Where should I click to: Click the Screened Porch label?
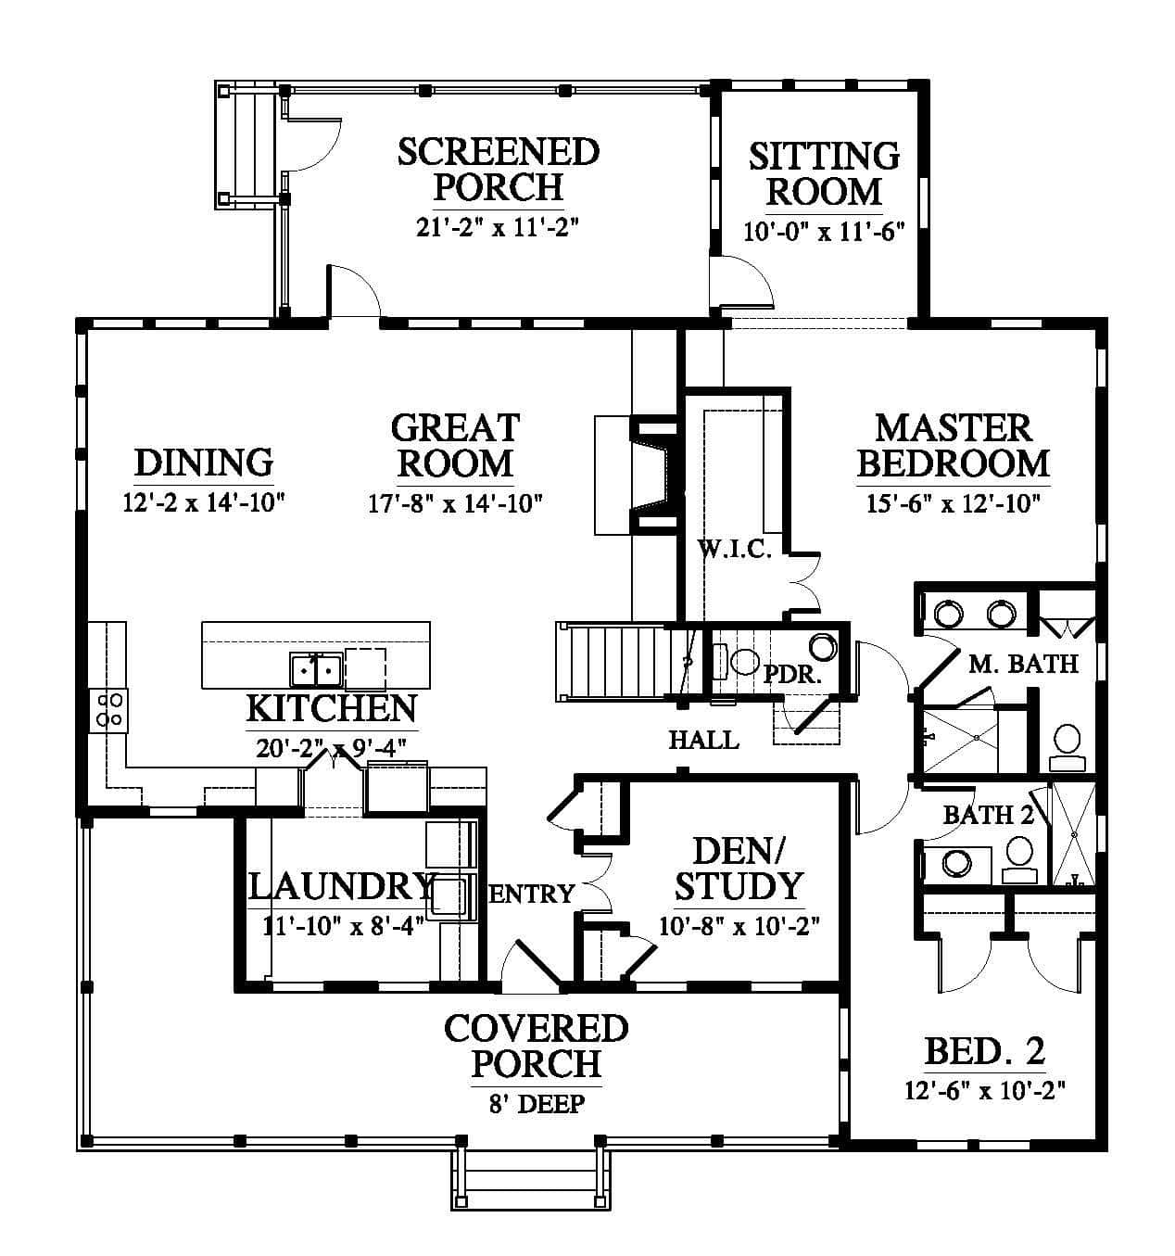pos(499,170)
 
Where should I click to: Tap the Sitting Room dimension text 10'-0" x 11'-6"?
pos(824,232)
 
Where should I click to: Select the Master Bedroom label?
pos(953,446)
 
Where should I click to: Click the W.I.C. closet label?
pos(734,549)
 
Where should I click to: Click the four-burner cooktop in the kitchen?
pos(108,710)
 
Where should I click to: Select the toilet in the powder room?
pos(738,662)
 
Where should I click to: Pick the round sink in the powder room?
pos(824,647)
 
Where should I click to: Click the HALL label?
pos(704,740)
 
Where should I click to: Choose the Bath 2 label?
pos(988,815)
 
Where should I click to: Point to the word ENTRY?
pos(532,894)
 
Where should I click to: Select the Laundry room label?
pos(342,887)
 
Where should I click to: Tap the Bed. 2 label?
pos(985,1052)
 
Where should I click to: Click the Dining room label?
pos(204,462)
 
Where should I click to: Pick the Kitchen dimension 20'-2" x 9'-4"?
pos(331,748)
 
